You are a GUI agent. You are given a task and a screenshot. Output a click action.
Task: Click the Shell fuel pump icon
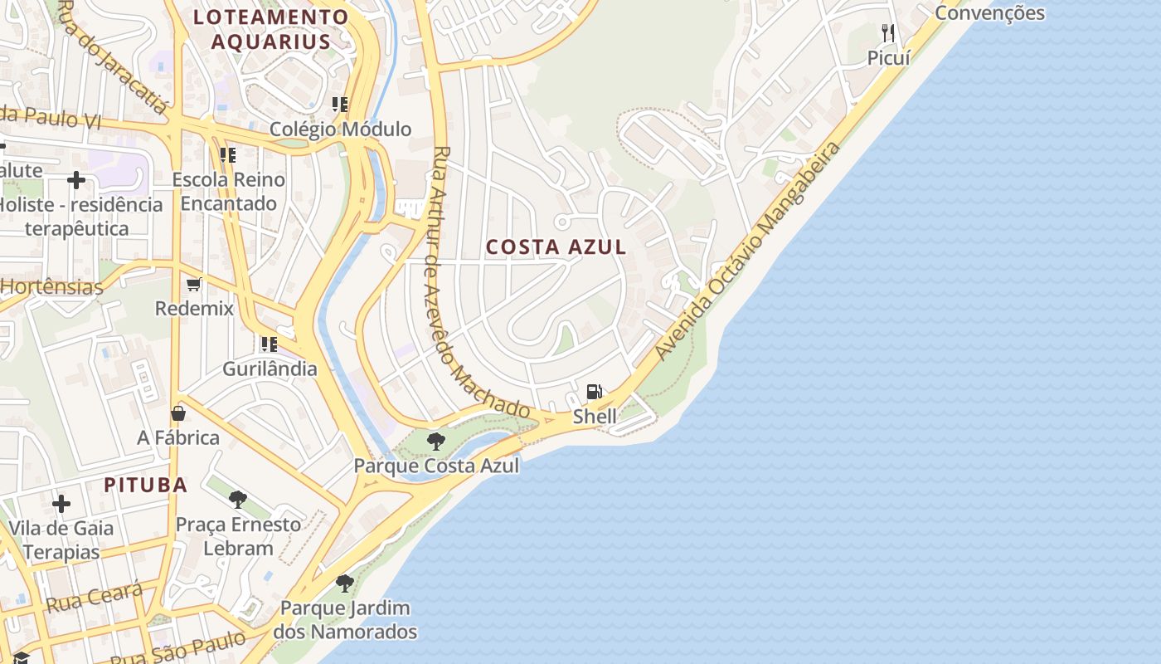pos(594,392)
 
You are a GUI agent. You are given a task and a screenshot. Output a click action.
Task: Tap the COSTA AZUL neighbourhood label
pos(556,247)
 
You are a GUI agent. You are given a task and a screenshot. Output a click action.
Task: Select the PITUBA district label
pos(145,485)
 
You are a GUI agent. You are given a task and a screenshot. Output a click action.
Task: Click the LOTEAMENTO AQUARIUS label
pos(270,29)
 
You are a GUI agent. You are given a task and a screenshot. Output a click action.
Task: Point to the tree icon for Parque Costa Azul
pos(435,441)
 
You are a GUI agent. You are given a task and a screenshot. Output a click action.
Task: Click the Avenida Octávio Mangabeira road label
pos(747,251)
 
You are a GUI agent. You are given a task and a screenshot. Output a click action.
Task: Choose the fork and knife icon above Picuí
pos(888,33)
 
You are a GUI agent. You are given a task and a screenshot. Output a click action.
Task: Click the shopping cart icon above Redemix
pos(194,285)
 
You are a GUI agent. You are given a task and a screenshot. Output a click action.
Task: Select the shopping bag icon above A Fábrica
pos(178,413)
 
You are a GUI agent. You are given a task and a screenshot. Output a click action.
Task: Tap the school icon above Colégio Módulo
pos(339,105)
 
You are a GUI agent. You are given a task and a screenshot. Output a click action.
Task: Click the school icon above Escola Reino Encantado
pos(227,155)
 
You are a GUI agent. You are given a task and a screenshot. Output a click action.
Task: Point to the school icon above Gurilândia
pos(269,344)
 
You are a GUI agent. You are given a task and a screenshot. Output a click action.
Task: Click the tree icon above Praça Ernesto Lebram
pos(238,500)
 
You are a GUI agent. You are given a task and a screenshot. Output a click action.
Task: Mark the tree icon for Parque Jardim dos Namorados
pos(345,583)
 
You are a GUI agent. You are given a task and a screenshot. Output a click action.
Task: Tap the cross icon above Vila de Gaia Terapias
pos(61,503)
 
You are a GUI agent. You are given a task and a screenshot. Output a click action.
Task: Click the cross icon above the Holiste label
pos(76,180)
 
